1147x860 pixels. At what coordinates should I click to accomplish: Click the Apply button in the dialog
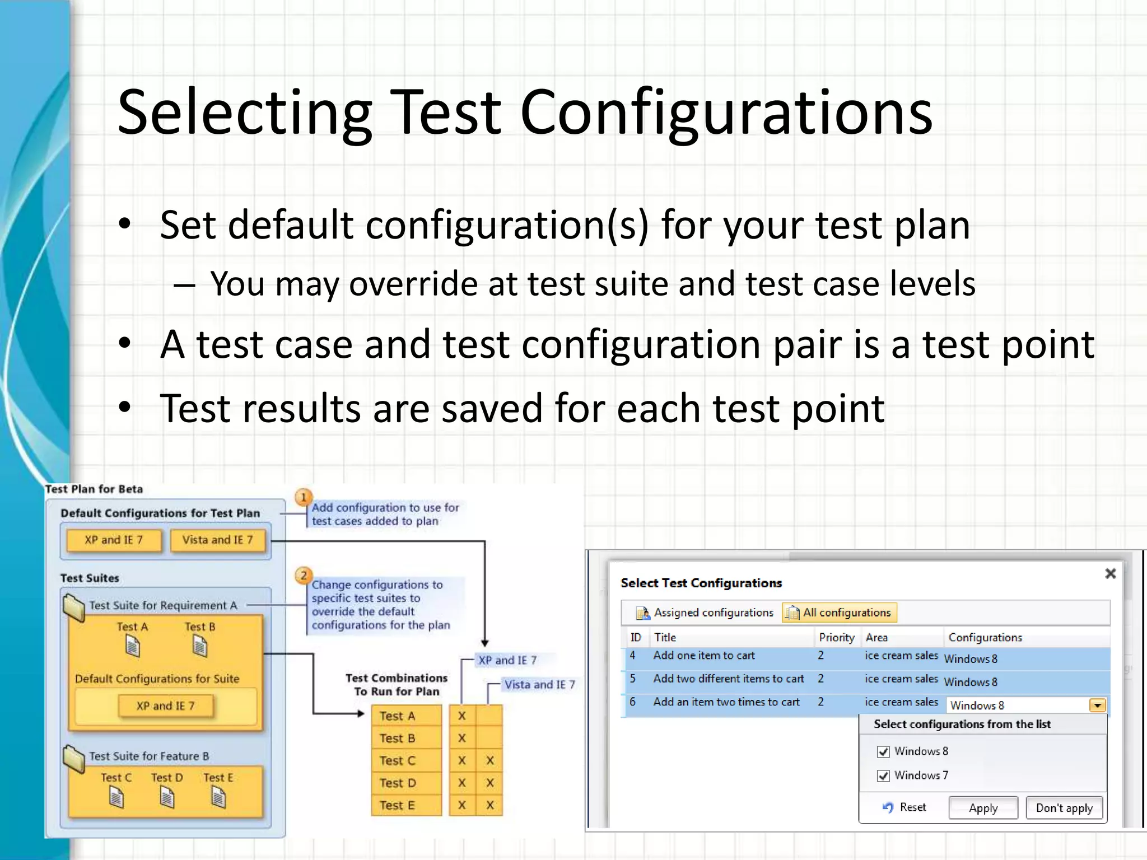click(983, 808)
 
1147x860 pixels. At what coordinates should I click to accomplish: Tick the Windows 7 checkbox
click(883, 775)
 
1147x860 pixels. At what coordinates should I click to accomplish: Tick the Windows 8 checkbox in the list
click(883, 751)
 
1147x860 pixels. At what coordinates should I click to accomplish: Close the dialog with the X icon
click(1111, 573)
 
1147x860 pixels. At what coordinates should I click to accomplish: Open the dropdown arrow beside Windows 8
click(1097, 705)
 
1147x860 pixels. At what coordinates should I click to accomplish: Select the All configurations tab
click(840, 613)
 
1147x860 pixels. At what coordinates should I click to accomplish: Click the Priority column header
click(836, 637)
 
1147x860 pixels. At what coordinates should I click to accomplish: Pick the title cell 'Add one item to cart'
click(704, 656)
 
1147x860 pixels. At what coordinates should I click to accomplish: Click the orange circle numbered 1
click(304, 497)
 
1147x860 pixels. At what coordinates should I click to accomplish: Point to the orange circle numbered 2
click(304, 575)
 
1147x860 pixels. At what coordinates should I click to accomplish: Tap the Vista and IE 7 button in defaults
click(217, 540)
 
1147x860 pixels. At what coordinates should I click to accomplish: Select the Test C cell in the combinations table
click(398, 760)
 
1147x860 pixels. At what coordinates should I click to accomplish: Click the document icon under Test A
click(132, 647)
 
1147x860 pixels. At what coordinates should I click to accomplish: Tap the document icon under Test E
click(219, 797)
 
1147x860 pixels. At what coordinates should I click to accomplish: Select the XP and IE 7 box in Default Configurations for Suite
click(165, 706)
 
